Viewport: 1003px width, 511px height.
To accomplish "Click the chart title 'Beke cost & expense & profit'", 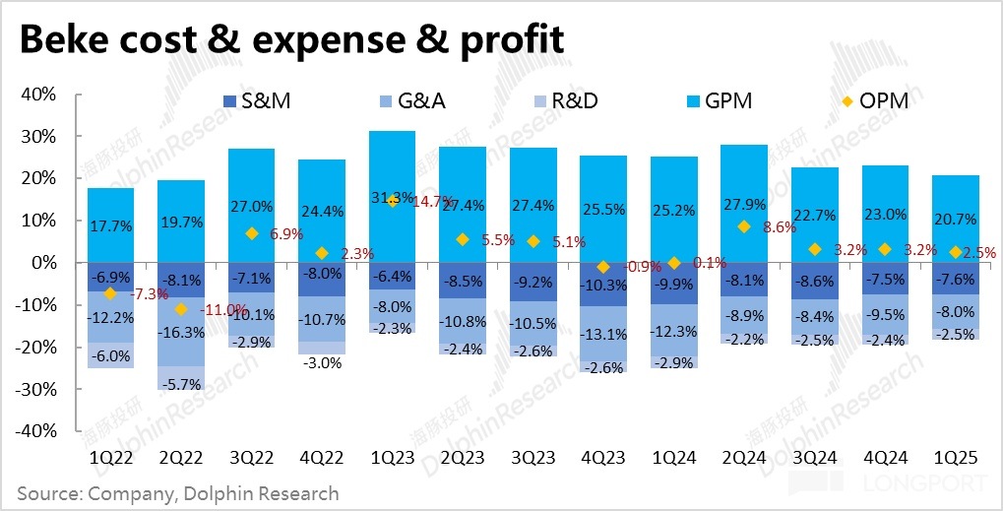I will click(x=291, y=39).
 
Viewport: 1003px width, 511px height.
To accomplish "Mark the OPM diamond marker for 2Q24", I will click(x=744, y=226).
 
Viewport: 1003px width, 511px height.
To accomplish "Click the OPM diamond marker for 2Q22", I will click(x=181, y=309).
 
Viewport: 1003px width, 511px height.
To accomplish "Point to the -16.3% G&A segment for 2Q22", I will click(x=181, y=333).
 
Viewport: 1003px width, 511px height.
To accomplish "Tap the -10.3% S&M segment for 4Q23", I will click(x=602, y=285).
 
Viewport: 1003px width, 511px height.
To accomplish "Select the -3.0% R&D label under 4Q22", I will click(x=322, y=363).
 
